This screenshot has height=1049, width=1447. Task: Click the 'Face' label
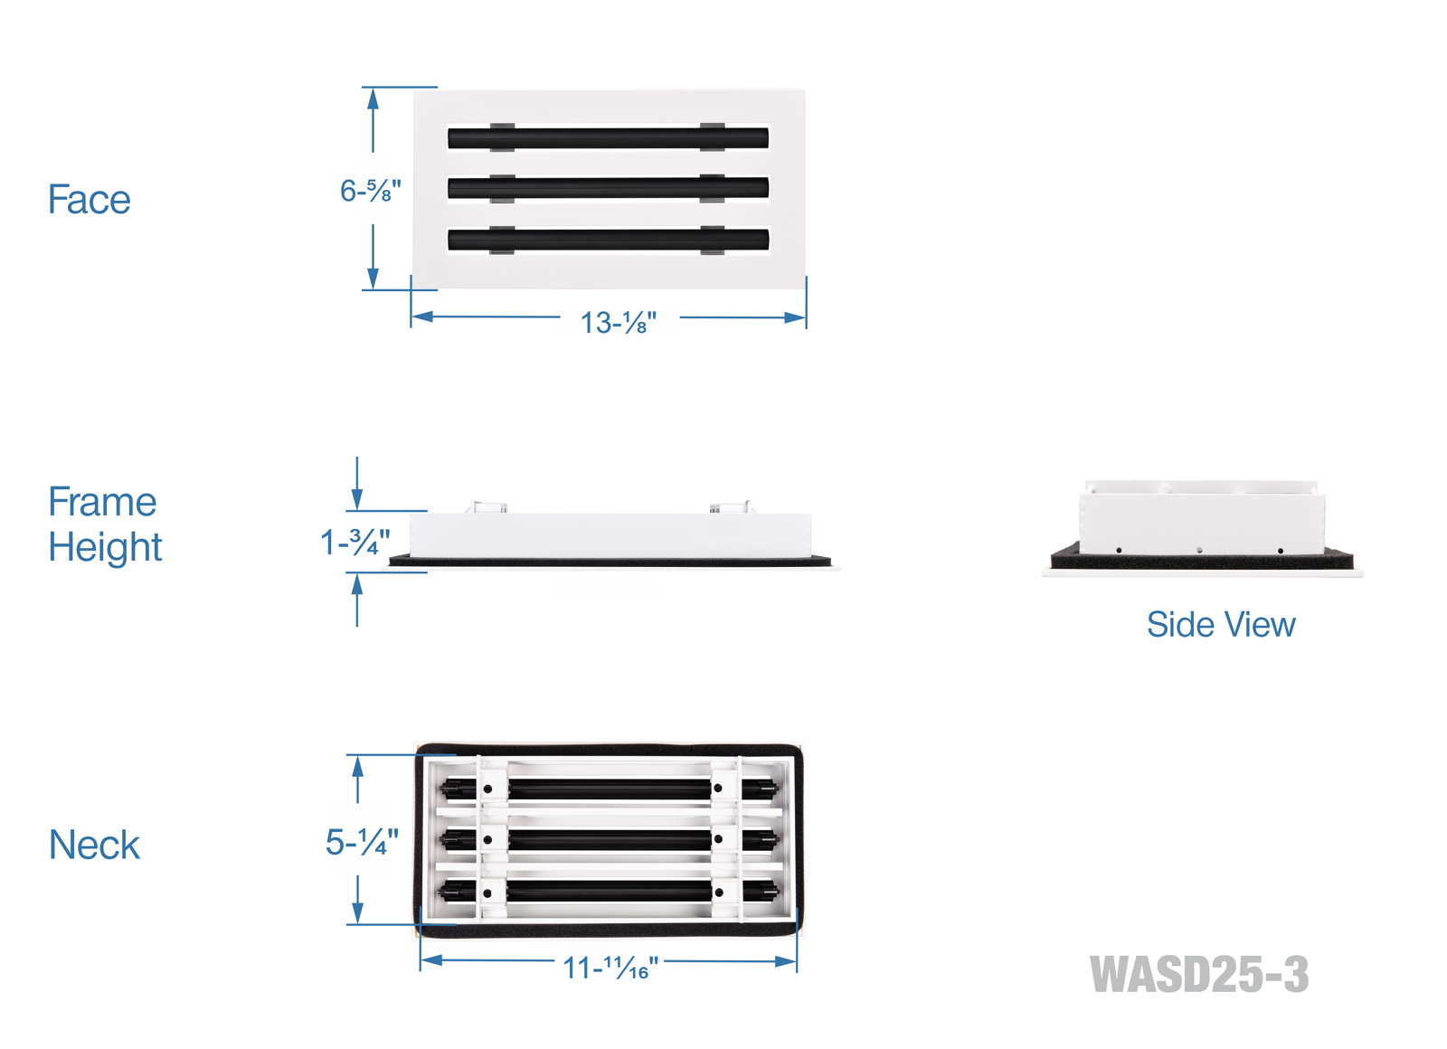point(89,200)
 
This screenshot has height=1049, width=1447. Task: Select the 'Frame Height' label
point(104,524)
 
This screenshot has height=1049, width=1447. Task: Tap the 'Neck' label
point(94,846)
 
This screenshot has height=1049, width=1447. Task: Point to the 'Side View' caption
point(1220,625)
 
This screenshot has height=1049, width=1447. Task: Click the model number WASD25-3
point(1198,975)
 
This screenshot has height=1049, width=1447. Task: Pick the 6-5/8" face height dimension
point(370,191)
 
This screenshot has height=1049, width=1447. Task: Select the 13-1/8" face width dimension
point(619,322)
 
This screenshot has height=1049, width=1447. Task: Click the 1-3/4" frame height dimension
point(355,543)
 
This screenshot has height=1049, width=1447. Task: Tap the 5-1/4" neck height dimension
point(362,843)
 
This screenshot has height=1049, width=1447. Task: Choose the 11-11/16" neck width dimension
point(610,969)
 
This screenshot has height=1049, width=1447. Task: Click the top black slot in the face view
point(608,138)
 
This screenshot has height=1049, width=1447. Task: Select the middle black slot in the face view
point(608,188)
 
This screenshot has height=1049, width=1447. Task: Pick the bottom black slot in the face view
point(608,240)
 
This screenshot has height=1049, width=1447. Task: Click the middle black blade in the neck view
point(610,840)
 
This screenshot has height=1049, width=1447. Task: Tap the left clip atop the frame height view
point(487,507)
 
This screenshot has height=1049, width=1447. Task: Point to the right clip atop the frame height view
point(731,506)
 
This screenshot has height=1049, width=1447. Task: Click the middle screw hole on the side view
point(1199,550)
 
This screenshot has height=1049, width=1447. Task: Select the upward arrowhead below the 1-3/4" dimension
point(357,584)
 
